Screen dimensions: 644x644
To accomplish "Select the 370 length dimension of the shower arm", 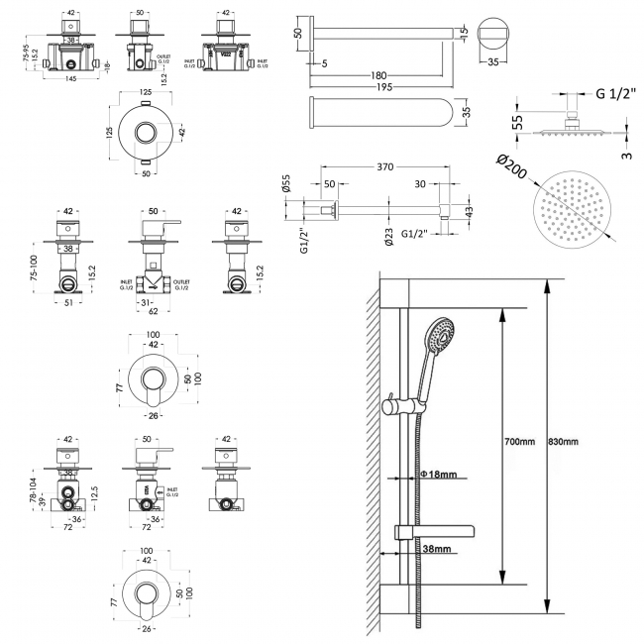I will pyautogui.click(x=386, y=168).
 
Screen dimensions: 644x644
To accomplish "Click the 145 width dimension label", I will pyautogui.click(x=67, y=80).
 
